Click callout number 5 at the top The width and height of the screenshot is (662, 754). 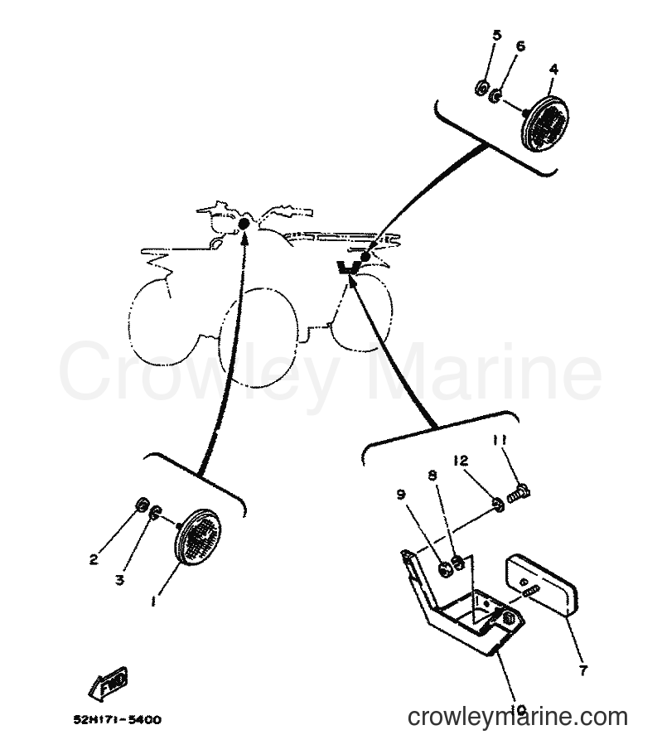click(496, 35)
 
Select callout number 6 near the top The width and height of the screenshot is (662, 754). click(520, 46)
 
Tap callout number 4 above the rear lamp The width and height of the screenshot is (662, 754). click(553, 70)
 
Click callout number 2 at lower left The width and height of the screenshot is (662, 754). click(94, 559)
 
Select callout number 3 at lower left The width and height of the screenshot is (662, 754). click(119, 580)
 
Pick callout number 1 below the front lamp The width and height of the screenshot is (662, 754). click(153, 601)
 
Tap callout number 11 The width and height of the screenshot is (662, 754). click(500, 440)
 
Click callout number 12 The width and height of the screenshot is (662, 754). click(461, 461)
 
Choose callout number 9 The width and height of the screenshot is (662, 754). click(401, 495)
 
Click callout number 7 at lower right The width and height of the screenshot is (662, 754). click(583, 669)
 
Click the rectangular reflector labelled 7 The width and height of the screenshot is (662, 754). click(540, 585)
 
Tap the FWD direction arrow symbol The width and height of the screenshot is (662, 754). click(109, 683)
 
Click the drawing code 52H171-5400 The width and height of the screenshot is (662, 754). click(118, 720)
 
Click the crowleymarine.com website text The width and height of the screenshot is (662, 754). click(517, 717)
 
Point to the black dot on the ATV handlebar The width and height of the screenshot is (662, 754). click(244, 224)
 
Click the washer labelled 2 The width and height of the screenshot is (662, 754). click(142, 505)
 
